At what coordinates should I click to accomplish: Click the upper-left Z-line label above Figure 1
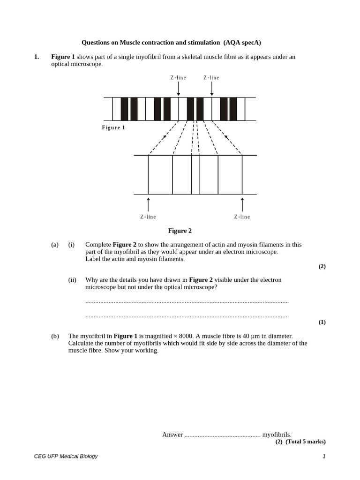pos(178,78)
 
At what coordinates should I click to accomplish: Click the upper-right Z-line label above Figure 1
pos(211,78)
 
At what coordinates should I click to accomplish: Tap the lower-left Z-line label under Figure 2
pos(148,217)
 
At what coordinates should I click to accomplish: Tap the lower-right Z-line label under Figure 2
pos(242,217)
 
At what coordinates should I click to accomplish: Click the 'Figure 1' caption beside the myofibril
pos(113,127)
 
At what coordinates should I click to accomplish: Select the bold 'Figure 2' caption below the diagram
pos(180,231)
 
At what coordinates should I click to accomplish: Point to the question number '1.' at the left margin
pos(37,57)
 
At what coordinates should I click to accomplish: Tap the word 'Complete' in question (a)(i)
pos(98,245)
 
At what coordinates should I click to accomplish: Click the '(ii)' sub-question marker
pos(72,280)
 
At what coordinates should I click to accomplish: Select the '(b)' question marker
pos(55,336)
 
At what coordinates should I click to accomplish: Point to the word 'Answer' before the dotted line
pos(172,435)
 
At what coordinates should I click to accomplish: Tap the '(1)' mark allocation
pos(322,322)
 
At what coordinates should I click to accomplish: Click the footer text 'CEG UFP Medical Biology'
pos(66,456)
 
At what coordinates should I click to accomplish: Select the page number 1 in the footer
pos(323,456)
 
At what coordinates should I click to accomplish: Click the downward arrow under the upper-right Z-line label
pos(212,89)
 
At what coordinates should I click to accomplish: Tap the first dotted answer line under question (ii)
pos(187,302)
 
